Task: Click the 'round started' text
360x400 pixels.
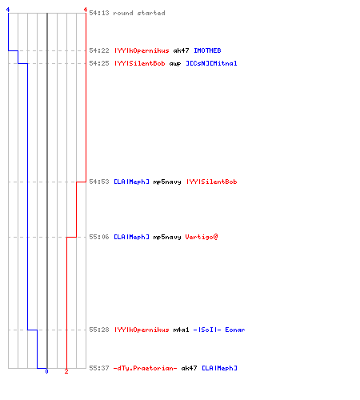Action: (139, 13)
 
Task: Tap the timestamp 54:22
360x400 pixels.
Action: (99, 50)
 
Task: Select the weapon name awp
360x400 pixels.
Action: (175, 64)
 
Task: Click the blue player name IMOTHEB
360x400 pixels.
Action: (207, 50)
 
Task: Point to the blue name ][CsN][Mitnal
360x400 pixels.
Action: (211, 63)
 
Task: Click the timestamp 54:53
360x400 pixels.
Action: (99, 182)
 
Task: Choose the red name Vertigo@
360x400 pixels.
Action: (202, 237)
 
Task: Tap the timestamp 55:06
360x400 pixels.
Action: (99, 237)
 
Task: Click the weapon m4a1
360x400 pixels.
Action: (181, 330)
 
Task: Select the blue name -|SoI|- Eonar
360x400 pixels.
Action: (219, 330)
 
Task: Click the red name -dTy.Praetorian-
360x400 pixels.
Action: (145, 368)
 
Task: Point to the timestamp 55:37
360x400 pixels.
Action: (99, 368)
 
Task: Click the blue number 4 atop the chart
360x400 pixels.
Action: (8, 10)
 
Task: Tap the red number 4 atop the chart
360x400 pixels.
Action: (86, 10)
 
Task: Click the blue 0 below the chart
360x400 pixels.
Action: (46, 371)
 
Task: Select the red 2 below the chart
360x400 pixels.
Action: (66, 371)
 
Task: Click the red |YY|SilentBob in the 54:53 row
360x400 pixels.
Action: (211, 182)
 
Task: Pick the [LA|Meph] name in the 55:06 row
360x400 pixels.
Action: (131, 237)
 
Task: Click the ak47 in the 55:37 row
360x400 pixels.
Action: (189, 368)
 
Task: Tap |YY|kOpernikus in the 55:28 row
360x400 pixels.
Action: (142, 330)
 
